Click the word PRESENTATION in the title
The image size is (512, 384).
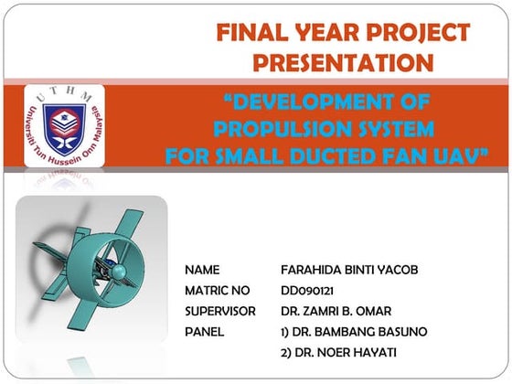343,63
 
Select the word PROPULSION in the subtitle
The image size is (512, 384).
263,127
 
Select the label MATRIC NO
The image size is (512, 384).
218,291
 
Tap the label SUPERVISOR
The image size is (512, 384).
220,311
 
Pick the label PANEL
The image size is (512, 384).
205,331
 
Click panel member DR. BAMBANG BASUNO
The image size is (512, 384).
352,331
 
